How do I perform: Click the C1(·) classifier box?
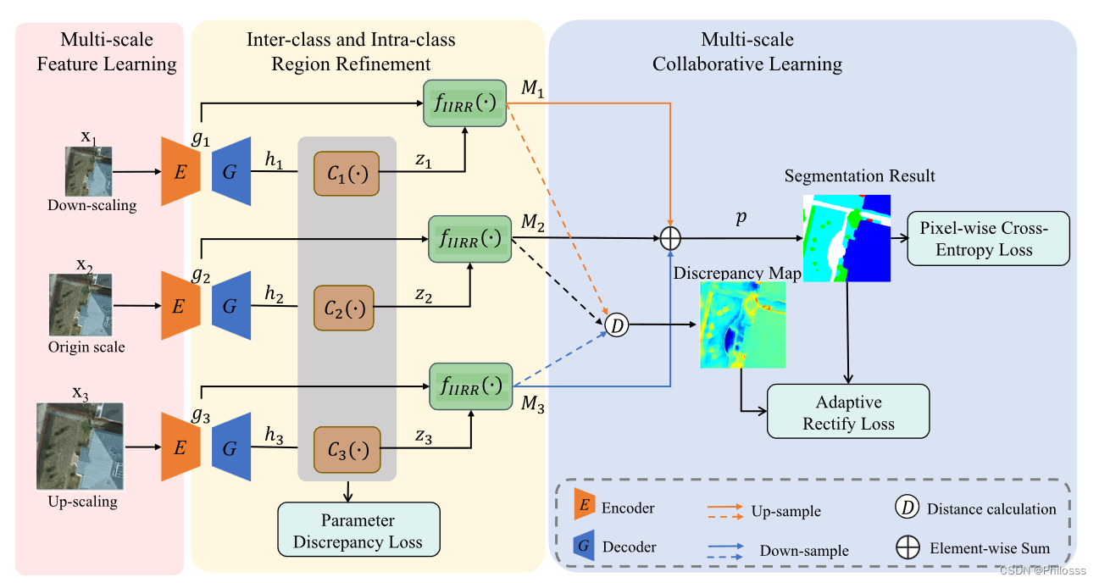click(347, 174)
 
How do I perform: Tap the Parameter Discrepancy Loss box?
click(358, 530)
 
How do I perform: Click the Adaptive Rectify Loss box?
click(848, 412)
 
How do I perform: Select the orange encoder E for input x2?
click(180, 306)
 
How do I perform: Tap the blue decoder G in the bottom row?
click(230, 447)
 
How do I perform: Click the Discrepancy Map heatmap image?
click(742, 325)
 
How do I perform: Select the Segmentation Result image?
click(847, 237)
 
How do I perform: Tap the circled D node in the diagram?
click(618, 324)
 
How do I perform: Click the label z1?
click(423, 162)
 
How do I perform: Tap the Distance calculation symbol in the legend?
click(907, 508)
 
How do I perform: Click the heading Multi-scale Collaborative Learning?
click(747, 52)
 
